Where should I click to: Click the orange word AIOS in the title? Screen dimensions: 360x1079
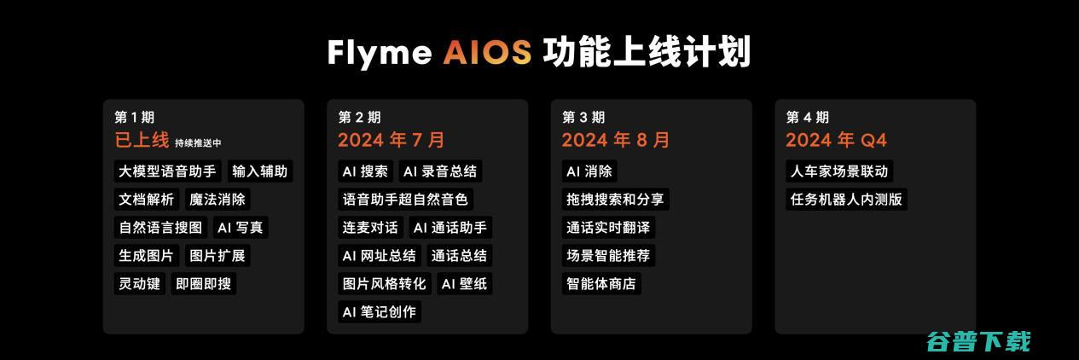click(487, 53)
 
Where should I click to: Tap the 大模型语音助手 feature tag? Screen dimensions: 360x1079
click(168, 171)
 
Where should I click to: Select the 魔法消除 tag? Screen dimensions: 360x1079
click(218, 200)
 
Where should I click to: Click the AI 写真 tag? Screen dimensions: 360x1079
click(241, 228)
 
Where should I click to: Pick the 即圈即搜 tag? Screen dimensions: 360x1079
click(203, 284)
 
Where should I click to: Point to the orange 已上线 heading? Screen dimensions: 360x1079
click(142, 141)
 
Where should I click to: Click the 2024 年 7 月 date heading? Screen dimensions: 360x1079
click(391, 141)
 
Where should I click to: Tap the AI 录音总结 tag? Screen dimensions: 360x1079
click(441, 171)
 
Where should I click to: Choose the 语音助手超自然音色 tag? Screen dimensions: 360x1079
click(405, 200)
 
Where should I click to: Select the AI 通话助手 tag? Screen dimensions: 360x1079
click(450, 228)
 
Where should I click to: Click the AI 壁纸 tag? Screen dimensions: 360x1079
click(464, 284)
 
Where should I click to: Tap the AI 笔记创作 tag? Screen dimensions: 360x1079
click(380, 312)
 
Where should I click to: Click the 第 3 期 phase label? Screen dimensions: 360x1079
click(583, 118)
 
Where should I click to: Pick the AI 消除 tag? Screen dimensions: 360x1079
click(589, 171)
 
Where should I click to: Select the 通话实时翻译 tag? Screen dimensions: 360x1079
click(608, 228)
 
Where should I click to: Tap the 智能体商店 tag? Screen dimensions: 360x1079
click(601, 284)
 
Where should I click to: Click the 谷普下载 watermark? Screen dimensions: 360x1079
click(978, 341)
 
